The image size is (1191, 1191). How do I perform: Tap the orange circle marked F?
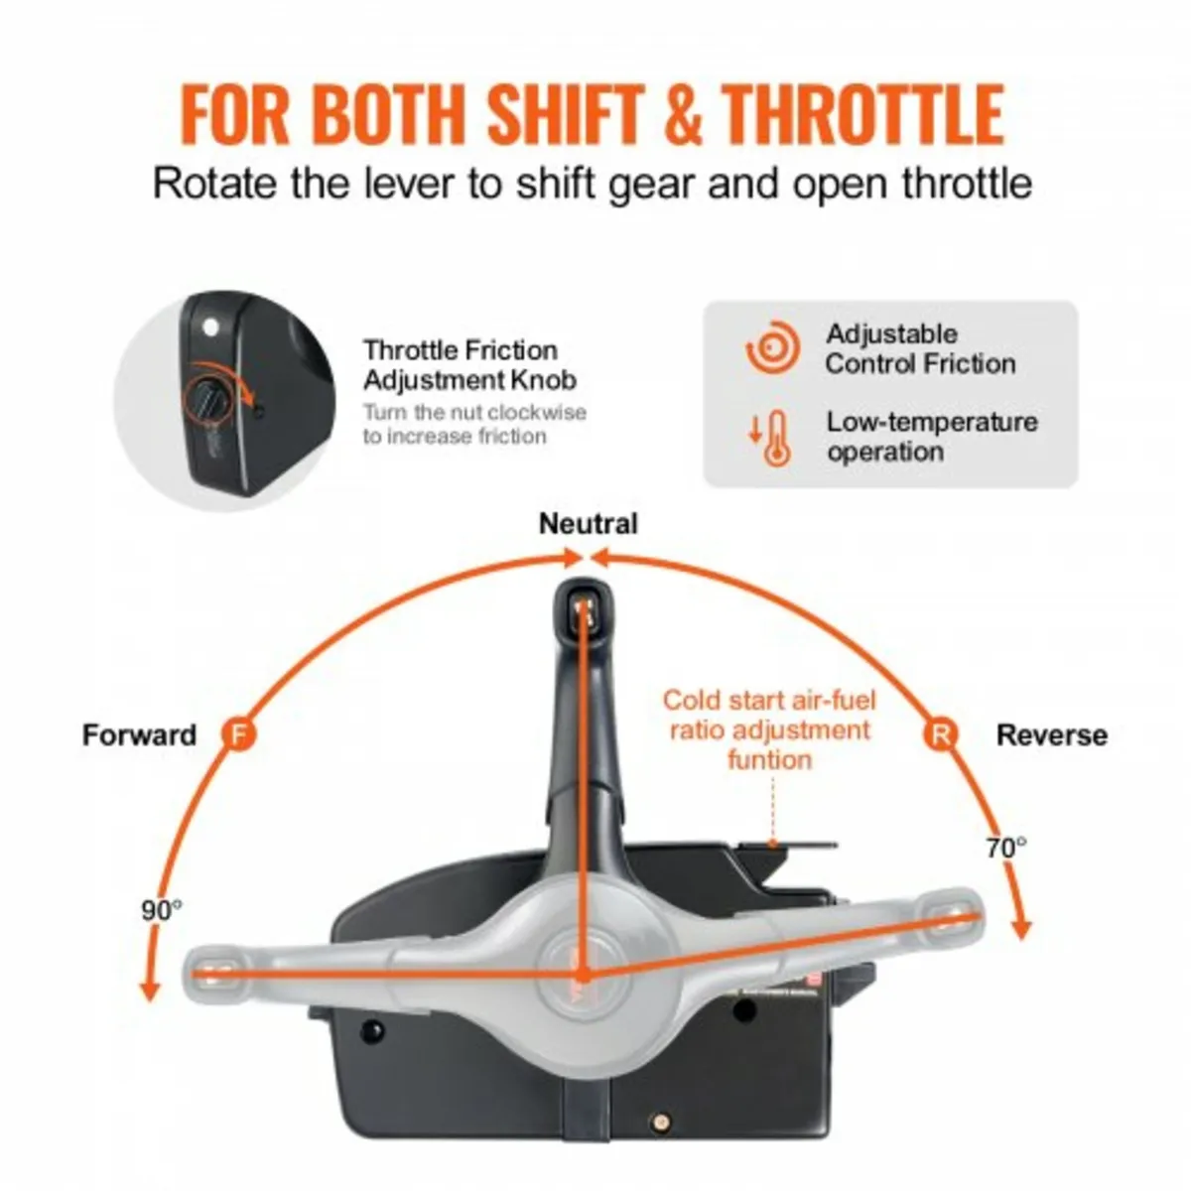pos(237,734)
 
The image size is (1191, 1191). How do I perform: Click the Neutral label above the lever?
pos(588,523)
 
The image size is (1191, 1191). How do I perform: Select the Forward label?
pos(139,735)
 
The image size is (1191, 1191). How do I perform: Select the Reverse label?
pos(1051,735)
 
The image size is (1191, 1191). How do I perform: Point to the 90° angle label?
pos(161,909)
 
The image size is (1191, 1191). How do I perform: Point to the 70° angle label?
pos(1006,848)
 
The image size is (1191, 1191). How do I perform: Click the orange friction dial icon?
pos(771,349)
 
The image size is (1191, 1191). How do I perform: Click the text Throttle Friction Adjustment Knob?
pos(469,364)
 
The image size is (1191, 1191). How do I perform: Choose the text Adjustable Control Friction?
pos(920,348)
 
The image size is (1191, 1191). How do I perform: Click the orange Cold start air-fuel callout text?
pos(769,729)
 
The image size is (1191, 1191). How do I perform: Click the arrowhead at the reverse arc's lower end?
pos(1022,931)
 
